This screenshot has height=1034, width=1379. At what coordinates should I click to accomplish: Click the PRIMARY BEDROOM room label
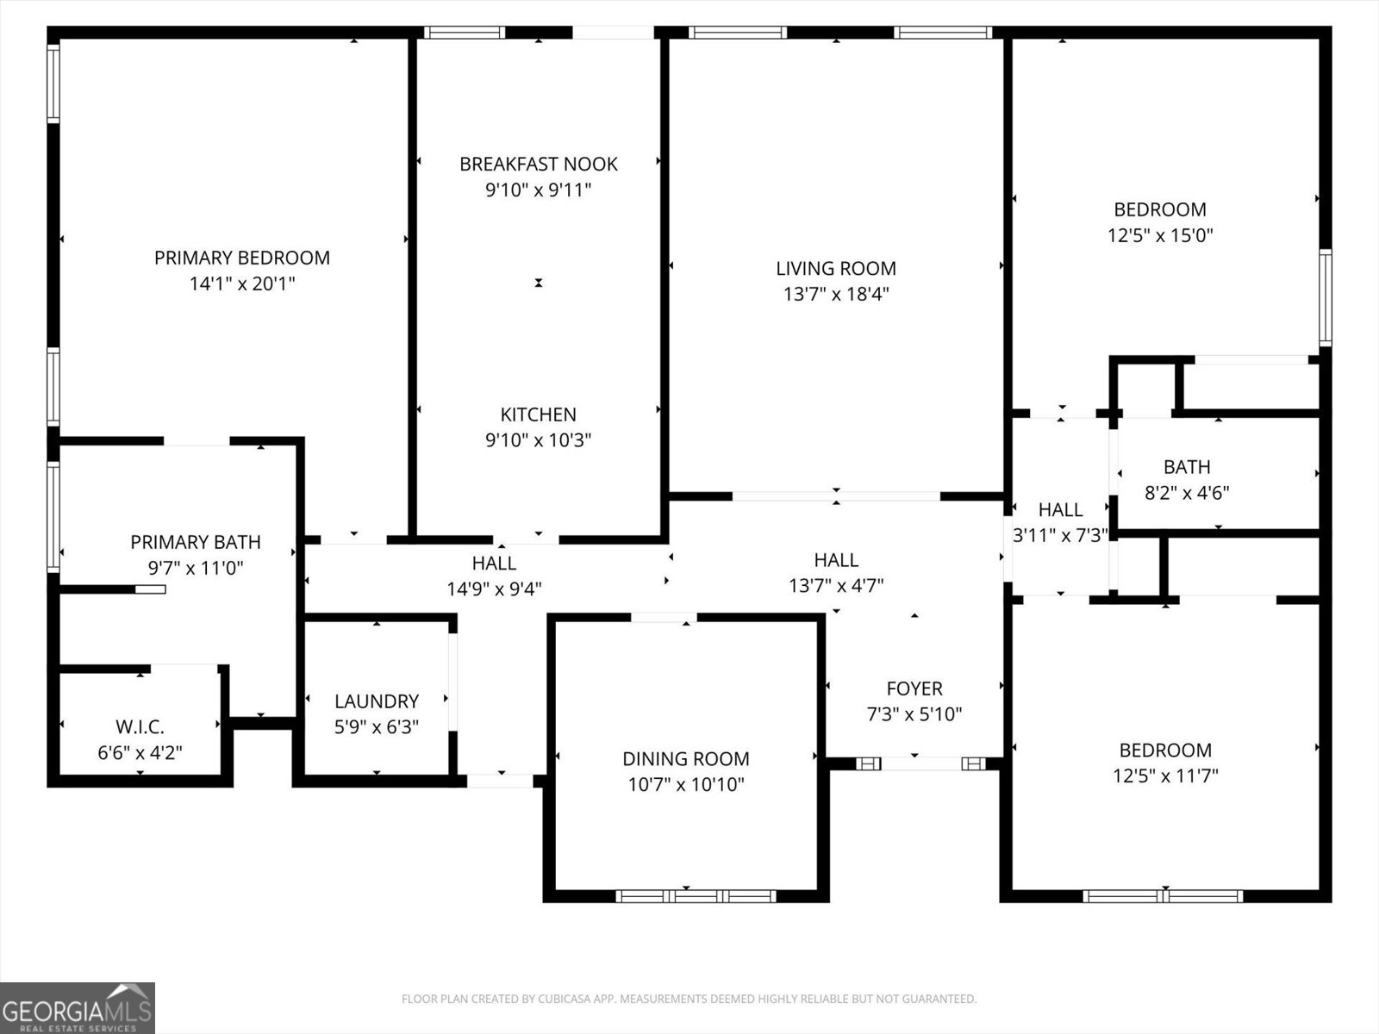[x=241, y=258]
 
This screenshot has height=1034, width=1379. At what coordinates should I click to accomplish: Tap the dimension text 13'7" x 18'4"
[x=835, y=294]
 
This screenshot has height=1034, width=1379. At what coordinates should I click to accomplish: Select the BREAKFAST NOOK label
[x=538, y=164]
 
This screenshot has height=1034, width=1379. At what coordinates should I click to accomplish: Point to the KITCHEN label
[x=538, y=414]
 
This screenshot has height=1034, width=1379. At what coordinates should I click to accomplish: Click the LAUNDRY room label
[x=377, y=701]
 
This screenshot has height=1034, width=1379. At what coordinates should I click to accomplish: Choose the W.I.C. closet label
[x=140, y=727]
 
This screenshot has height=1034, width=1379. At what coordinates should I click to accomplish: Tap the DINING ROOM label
[x=685, y=759]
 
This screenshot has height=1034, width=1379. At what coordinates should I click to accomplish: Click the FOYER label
[x=914, y=688]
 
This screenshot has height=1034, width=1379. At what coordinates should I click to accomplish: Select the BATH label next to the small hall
[x=1186, y=467]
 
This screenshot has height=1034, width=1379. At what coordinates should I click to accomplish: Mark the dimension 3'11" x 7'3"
[x=1060, y=535]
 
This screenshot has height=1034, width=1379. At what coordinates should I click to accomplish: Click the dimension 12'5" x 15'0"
[x=1160, y=235]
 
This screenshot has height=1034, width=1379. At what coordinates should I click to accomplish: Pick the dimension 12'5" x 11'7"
[x=1164, y=775]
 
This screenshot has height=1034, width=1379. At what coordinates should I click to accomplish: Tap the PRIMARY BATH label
[x=195, y=542]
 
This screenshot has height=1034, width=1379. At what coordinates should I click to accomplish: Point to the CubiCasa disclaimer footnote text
[x=689, y=1000]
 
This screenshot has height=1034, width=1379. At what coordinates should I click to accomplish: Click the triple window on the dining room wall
[x=696, y=896]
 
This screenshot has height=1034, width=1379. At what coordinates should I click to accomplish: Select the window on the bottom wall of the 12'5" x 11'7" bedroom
[x=1162, y=896]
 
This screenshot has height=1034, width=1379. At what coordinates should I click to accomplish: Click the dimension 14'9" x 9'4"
[x=494, y=589]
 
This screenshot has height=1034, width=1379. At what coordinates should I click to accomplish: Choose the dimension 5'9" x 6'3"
[x=377, y=727]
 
